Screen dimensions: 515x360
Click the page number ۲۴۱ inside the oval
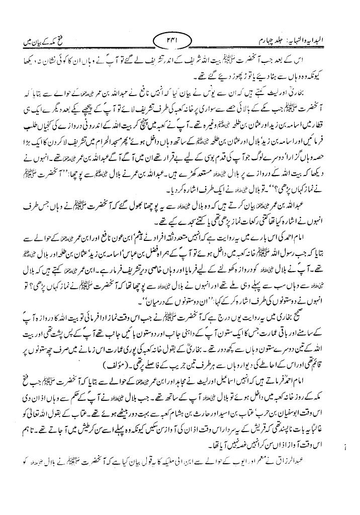(179, 39)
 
